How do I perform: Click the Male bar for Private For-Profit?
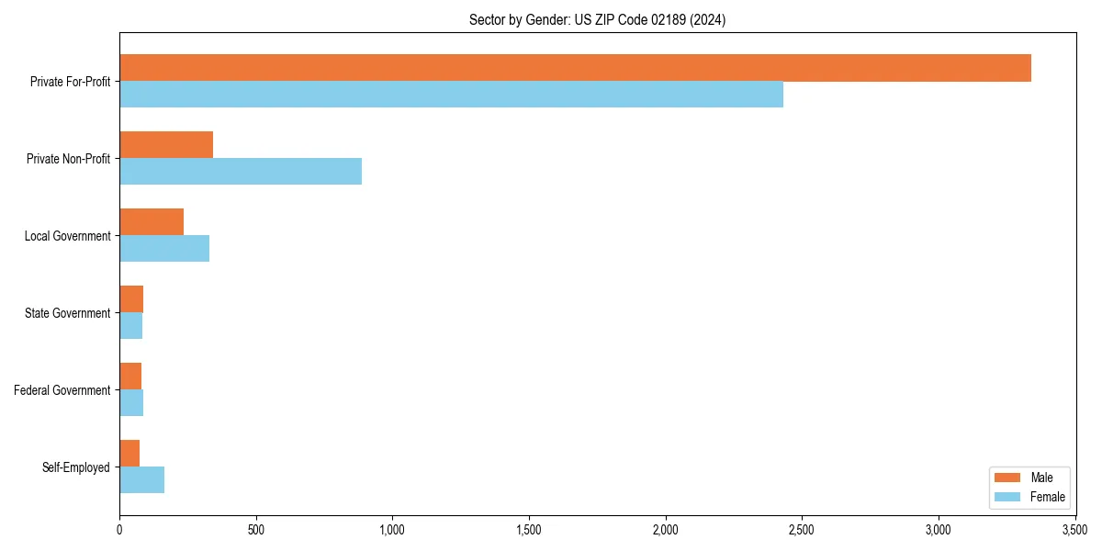click(x=575, y=68)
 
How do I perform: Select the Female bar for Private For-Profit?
click(x=451, y=95)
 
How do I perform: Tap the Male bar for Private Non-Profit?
click(x=166, y=145)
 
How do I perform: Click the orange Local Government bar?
click(x=152, y=222)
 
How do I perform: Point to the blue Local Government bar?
click(x=164, y=249)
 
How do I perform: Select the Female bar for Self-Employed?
click(x=141, y=480)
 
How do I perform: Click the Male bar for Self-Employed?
click(x=129, y=454)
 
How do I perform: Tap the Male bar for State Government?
click(x=131, y=299)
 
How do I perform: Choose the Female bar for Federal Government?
click(x=131, y=403)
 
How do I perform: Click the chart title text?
click(x=597, y=20)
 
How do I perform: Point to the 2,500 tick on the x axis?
click(x=802, y=530)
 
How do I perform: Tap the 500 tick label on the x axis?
click(x=256, y=530)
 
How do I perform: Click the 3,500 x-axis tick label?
click(x=1074, y=530)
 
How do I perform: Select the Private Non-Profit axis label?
click(x=68, y=159)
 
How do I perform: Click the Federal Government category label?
click(x=62, y=390)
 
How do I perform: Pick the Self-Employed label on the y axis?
click(x=76, y=467)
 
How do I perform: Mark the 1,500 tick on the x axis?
click(x=529, y=530)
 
